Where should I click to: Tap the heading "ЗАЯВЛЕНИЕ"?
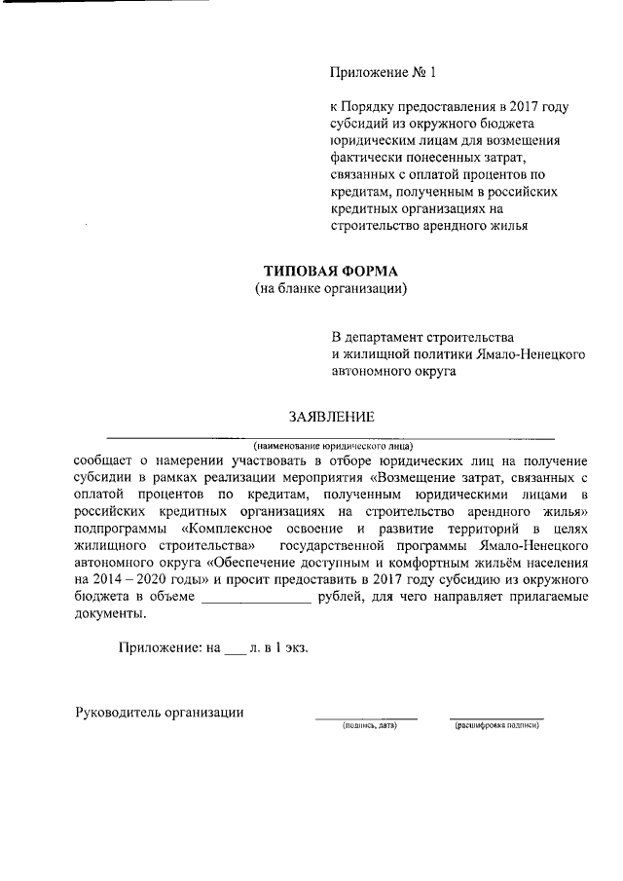331,417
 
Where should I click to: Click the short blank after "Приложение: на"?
236,646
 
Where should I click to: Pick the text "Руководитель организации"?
160,712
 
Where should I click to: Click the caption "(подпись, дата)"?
365,726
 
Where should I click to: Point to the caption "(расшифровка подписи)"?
496,726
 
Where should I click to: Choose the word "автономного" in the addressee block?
369,370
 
